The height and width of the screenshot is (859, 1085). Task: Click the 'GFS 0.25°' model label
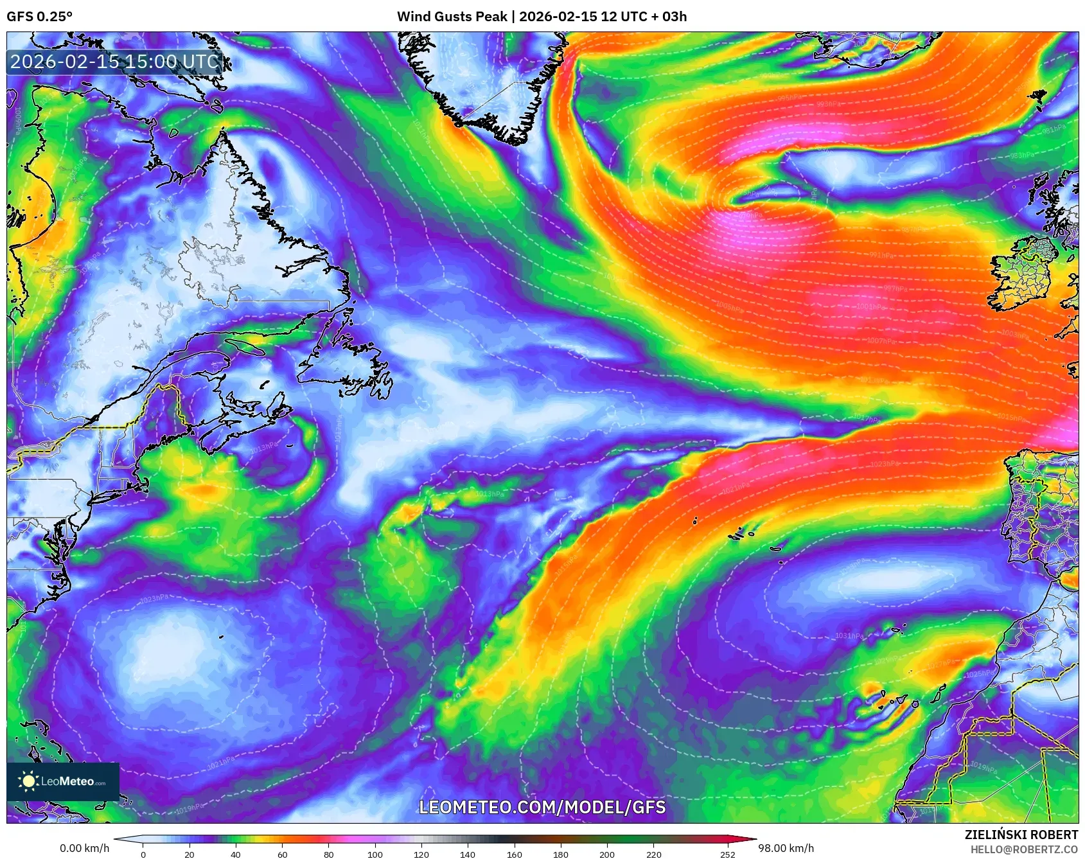pos(39,17)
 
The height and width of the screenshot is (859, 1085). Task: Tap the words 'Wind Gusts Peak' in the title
pos(452,17)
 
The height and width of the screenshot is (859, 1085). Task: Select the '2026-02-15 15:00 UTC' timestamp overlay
pos(115,62)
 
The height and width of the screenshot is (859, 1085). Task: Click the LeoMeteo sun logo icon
pos(28,781)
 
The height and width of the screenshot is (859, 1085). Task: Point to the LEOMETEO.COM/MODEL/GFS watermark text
pos(542,807)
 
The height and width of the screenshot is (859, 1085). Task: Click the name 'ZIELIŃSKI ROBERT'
pos(1021,835)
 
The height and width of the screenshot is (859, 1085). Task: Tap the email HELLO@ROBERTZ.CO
pos(1024,849)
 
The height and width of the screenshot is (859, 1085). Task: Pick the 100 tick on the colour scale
pos(375,854)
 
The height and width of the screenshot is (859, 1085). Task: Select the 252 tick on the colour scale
pos(727,854)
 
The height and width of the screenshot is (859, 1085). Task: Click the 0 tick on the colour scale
pos(143,854)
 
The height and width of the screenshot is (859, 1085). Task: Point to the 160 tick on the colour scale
pos(514,854)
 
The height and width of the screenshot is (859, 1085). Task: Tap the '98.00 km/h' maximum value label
pos(786,848)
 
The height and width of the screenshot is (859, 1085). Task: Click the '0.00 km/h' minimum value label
pos(84,848)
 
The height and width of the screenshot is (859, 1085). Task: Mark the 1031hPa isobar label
pos(849,635)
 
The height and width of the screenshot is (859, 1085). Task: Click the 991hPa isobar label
pos(881,255)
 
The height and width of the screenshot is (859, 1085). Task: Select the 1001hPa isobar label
pos(870,306)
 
